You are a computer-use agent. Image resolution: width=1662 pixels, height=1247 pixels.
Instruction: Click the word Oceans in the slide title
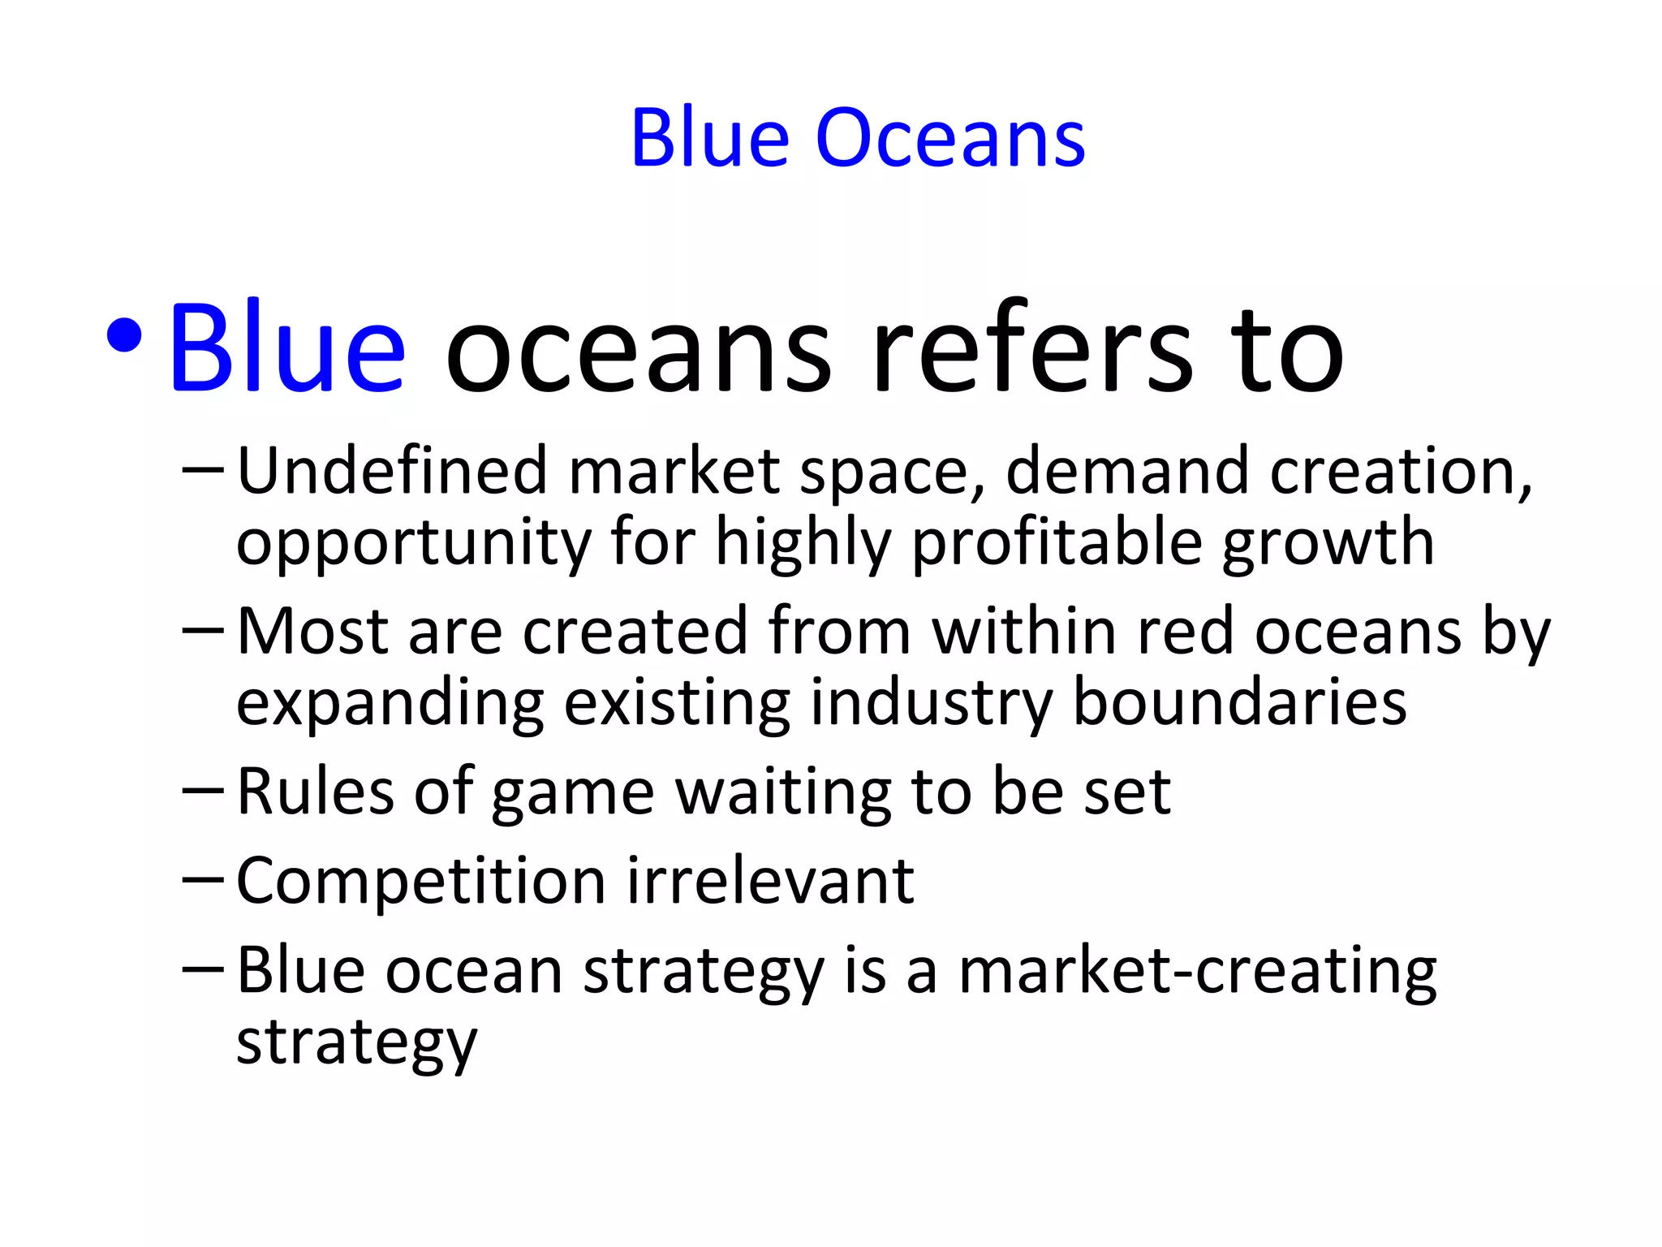(x=949, y=139)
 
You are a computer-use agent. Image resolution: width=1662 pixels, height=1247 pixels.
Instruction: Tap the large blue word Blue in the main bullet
(x=286, y=349)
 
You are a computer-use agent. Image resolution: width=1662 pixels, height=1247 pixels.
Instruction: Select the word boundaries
(x=1239, y=702)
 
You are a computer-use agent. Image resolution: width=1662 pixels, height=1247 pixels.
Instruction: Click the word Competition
(x=420, y=881)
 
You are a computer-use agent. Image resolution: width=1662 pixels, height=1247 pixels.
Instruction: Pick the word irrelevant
(x=770, y=881)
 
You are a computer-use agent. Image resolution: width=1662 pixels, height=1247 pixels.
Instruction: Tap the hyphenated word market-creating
(x=1197, y=971)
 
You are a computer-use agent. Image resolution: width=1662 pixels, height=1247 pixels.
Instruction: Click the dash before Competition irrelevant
(x=203, y=878)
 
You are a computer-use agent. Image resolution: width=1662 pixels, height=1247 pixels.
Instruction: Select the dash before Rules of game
(x=203, y=789)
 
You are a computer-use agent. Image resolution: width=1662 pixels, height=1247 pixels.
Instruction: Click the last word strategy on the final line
(x=356, y=1043)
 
